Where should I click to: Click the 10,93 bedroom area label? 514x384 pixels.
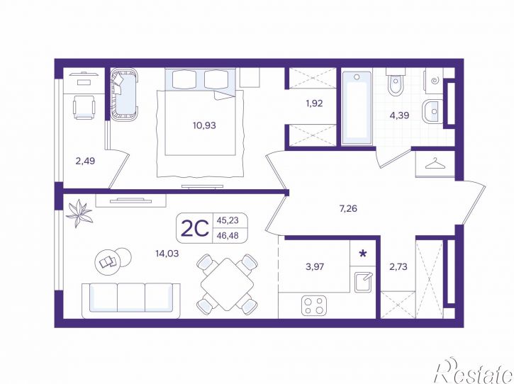coord(204,125)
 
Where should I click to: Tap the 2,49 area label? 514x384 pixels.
coord(85,161)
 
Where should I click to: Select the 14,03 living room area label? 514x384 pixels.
coord(167,253)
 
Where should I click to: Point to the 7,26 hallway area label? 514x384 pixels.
coord(348,208)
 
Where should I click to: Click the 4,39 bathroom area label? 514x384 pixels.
coord(399,115)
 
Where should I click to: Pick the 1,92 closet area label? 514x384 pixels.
coord(314,103)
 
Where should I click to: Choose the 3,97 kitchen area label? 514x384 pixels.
coord(315,266)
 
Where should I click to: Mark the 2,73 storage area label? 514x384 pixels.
coord(398,266)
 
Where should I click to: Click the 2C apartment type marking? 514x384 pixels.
coord(195,228)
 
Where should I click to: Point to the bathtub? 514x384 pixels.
coord(357,108)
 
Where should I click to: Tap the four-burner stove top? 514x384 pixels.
coord(314,305)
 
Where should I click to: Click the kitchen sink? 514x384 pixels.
coord(363,282)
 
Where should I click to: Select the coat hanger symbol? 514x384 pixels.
coord(435,164)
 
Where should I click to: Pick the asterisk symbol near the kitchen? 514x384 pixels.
coord(363,253)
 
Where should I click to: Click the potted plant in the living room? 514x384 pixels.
coord(79,213)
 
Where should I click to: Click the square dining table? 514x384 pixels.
coord(227,283)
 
